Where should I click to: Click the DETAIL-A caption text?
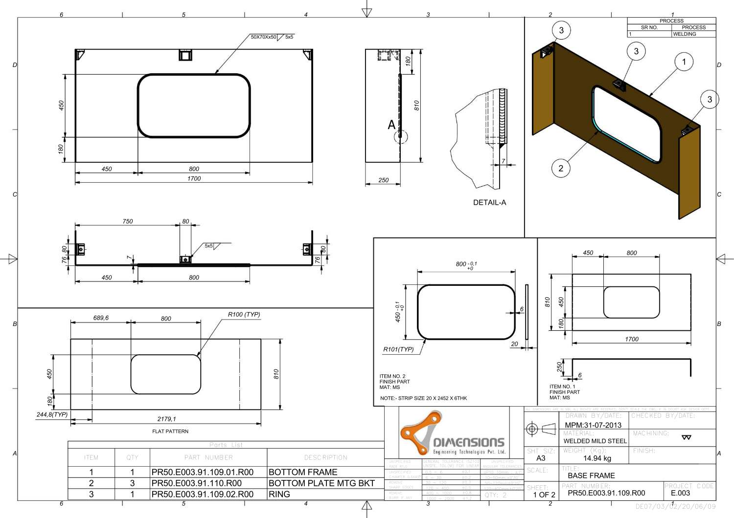tap(489, 202)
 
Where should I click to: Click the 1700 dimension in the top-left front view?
tap(194, 178)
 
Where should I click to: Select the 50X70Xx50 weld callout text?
tap(264, 37)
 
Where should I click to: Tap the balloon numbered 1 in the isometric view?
tap(684, 62)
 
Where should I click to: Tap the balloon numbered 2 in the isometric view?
tap(561, 168)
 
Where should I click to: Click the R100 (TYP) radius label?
tap(244, 314)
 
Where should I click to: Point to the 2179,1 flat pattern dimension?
tap(166, 419)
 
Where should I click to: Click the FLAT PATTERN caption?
tap(170, 432)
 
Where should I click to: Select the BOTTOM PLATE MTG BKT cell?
tap(321, 483)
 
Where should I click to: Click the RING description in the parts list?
tap(279, 495)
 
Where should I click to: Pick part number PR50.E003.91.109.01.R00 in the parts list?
tap(203, 473)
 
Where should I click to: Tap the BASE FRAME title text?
tap(591, 475)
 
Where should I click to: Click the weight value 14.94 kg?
tap(597, 458)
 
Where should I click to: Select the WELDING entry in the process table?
tap(684, 34)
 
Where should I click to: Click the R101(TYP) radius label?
tap(398, 349)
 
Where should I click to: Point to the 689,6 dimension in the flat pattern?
tap(101, 318)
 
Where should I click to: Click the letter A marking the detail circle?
tap(391, 125)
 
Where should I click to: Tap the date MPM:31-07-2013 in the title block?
tap(593, 425)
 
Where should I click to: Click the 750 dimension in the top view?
tap(128, 221)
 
